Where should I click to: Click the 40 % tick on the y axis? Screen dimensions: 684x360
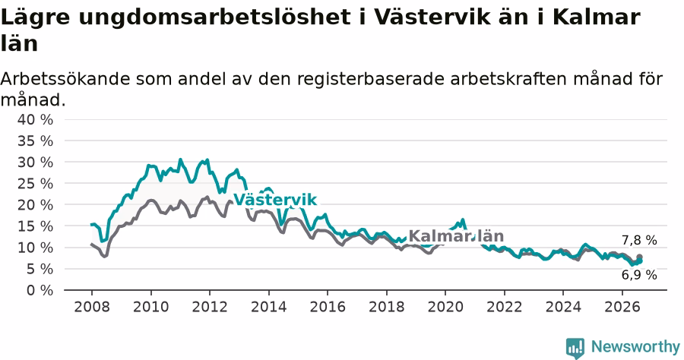(35, 119)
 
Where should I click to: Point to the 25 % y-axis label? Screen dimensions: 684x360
(35, 184)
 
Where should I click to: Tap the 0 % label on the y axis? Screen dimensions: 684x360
(40, 290)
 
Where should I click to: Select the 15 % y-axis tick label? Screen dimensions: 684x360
(35, 226)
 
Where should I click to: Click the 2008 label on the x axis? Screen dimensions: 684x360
(92, 307)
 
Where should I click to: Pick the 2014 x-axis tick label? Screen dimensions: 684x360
(269, 307)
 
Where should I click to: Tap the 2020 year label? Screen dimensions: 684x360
(445, 307)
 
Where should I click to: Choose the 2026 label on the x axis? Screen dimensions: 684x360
(622, 307)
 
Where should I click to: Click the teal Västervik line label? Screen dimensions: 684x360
(275, 200)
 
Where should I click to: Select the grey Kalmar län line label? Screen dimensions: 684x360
(456, 236)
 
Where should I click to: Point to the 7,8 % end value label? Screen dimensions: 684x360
(639, 240)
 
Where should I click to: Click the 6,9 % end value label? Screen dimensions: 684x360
(639, 275)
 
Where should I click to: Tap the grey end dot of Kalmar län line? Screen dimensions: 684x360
(639, 257)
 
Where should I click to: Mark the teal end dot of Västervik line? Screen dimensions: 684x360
(639, 261)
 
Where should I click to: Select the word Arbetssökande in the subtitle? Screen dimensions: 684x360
(65, 79)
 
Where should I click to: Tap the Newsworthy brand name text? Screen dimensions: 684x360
(635, 347)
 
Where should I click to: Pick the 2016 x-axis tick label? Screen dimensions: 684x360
(328, 307)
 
